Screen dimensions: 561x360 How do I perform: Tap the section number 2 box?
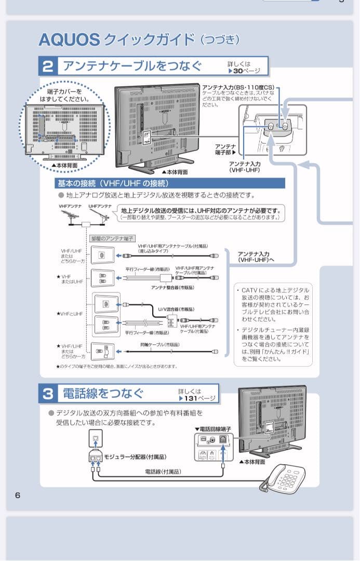point(48,66)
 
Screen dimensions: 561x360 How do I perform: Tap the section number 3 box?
point(48,393)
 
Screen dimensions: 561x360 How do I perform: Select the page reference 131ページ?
point(197,398)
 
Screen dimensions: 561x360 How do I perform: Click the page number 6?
point(18,495)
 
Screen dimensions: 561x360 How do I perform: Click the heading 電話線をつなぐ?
point(103,393)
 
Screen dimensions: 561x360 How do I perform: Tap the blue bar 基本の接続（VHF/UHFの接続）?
point(112,183)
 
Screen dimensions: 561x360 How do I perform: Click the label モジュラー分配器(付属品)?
point(135,457)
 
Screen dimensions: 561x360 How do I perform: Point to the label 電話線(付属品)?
point(163,471)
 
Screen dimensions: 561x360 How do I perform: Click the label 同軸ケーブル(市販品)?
point(159,344)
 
